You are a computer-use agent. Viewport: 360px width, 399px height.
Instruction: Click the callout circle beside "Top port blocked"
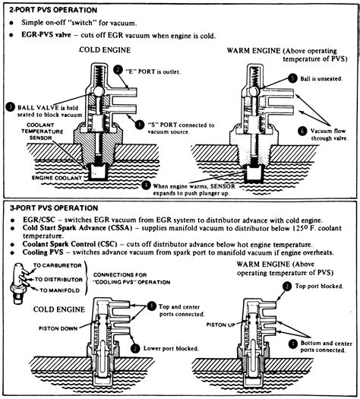[286, 285]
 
